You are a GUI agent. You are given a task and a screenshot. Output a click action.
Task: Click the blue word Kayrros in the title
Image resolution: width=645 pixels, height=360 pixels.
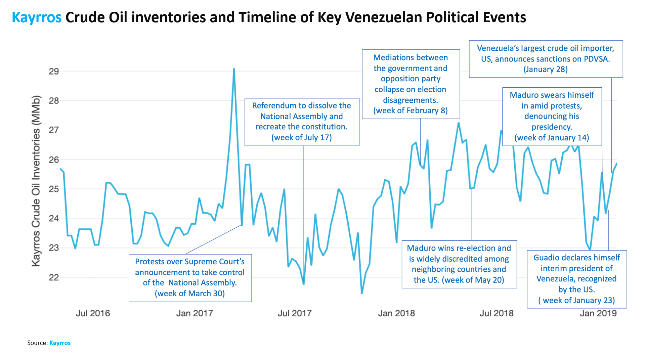[x=37, y=17]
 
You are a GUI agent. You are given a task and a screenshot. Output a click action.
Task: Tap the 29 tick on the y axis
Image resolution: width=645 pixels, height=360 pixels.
[x=54, y=71]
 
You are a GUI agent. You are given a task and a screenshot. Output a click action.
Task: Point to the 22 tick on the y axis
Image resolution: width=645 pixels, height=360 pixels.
[x=54, y=277]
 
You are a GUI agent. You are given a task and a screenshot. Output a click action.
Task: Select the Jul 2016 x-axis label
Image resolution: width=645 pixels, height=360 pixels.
[x=93, y=313]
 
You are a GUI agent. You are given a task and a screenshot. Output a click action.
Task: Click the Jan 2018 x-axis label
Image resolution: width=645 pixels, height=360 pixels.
[x=396, y=313]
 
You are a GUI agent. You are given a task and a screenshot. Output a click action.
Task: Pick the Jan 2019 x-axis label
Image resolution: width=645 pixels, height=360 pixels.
[x=598, y=313]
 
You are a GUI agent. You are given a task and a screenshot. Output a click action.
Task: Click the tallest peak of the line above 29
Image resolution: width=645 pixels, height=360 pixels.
[x=234, y=69]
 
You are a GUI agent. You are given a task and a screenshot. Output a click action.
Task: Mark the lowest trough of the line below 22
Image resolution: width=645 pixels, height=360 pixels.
[x=362, y=293]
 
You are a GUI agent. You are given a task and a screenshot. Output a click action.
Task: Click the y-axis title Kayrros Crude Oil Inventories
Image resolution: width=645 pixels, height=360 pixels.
[x=36, y=181]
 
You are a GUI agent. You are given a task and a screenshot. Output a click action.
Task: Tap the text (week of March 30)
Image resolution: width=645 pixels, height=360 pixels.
[x=190, y=294]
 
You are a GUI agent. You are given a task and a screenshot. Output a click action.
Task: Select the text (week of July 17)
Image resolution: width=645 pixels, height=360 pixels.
[x=301, y=138]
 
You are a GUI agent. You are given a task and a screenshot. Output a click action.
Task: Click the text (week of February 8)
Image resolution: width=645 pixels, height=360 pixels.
[x=410, y=111]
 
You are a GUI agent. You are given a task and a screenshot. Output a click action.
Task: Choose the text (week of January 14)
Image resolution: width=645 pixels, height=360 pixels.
[x=552, y=138]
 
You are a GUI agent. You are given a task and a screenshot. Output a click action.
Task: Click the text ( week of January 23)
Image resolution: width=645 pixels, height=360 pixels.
[x=576, y=301]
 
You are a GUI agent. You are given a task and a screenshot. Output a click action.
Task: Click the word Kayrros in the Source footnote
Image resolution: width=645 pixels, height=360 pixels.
[x=60, y=343]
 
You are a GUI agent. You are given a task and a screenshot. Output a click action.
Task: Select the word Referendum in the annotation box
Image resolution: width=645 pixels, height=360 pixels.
[x=271, y=106]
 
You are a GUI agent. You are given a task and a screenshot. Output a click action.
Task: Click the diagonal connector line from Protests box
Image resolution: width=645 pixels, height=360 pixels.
[x=214, y=239]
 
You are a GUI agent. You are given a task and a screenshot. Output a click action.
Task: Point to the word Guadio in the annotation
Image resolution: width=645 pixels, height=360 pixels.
[x=545, y=258]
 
